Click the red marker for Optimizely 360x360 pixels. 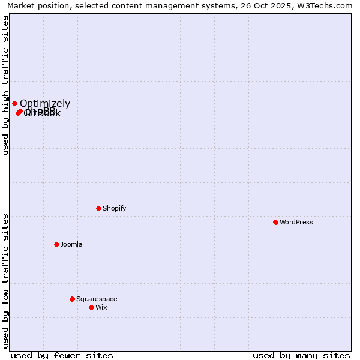coord(15,104)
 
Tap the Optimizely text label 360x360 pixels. coord(45,104)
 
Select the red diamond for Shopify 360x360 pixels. coord(99,209)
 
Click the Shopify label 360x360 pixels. coord(114,209)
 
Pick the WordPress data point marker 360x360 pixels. coord(276,223)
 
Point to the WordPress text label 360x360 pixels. coord(296,223)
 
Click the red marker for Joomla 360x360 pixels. coord(57,245)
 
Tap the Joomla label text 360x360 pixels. coord(71,245)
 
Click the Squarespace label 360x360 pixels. coord(97,299)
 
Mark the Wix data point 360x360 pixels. coord(92,308)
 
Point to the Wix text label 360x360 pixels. coord(101,308)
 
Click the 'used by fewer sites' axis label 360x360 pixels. coord(62,355)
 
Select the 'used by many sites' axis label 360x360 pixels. coord(301,355)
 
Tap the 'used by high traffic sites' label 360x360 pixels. coord(5,85)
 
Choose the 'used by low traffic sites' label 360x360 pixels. coord(5,281)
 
